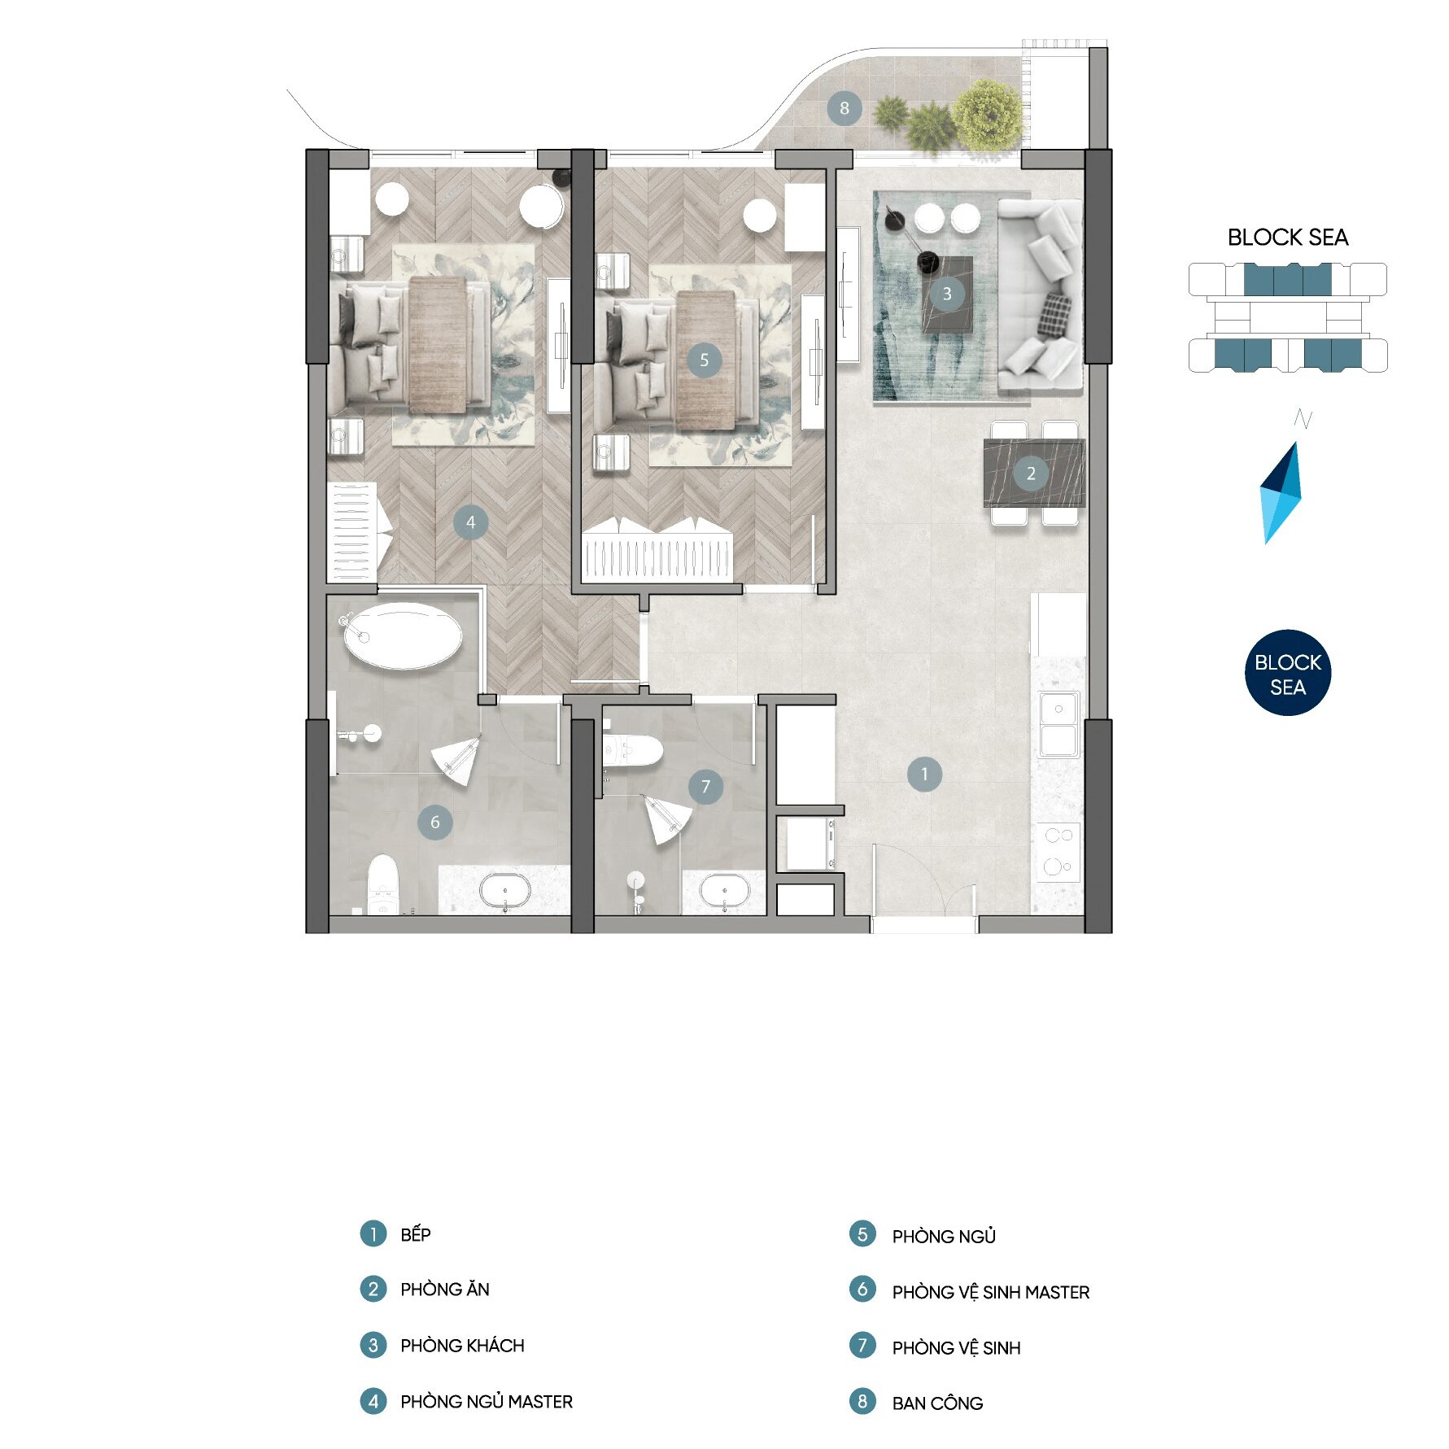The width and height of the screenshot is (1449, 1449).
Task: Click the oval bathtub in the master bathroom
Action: pyautogui.click(x=403, y=635)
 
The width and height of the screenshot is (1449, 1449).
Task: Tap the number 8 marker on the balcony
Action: pyautogui.click(x=845, y=108)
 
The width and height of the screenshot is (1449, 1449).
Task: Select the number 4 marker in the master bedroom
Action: pyautogui.click(x=471, y=522)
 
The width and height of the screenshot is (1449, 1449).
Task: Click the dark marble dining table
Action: pyautogui.click(x=1034, y=473)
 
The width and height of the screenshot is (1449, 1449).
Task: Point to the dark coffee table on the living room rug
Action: pyautogui.click(x=948, y=295)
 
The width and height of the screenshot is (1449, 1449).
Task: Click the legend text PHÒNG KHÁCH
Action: pyautogui.click(x=462, y=1346)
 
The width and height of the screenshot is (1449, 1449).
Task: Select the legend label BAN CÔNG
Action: pyautogui.click(x=937, y=1403)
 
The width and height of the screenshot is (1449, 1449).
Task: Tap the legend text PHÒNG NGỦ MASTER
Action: pyautogui.click(x=487, y=1401)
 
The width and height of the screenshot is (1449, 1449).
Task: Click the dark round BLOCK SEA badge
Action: pyautogui.click(x=1288, y=674)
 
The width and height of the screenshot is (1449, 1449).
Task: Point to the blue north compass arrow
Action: pyautogui.click(x=1281, y=493)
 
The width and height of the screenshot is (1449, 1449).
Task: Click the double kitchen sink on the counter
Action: pyautogui.click(x=1058, y=724)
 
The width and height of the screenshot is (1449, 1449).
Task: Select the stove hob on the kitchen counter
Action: pyautogui.click(x=1058, y=852)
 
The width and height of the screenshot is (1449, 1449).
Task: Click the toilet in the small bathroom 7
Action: pyautogui.click(x=632, y=751)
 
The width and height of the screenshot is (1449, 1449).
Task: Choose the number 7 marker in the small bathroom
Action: pyautogui.click(x=705, y=787)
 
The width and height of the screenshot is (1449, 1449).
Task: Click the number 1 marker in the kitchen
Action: pyautogui.click(x=924, y=775)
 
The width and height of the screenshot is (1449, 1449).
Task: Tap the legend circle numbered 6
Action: pyautogui.click(x=862, y=1290)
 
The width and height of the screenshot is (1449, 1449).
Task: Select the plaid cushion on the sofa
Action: pyautogui.click(x=1054, y=316)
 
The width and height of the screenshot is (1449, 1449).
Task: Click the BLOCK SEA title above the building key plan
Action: pyautogui.click(x=1288, y=238)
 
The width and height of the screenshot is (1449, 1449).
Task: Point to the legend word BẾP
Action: pyautogui.click(x=416, y=1234)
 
